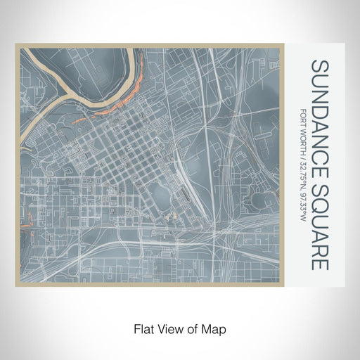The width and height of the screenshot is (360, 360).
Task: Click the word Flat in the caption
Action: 143,328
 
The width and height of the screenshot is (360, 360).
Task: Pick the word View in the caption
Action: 167,328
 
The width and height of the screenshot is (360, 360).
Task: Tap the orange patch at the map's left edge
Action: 27,227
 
